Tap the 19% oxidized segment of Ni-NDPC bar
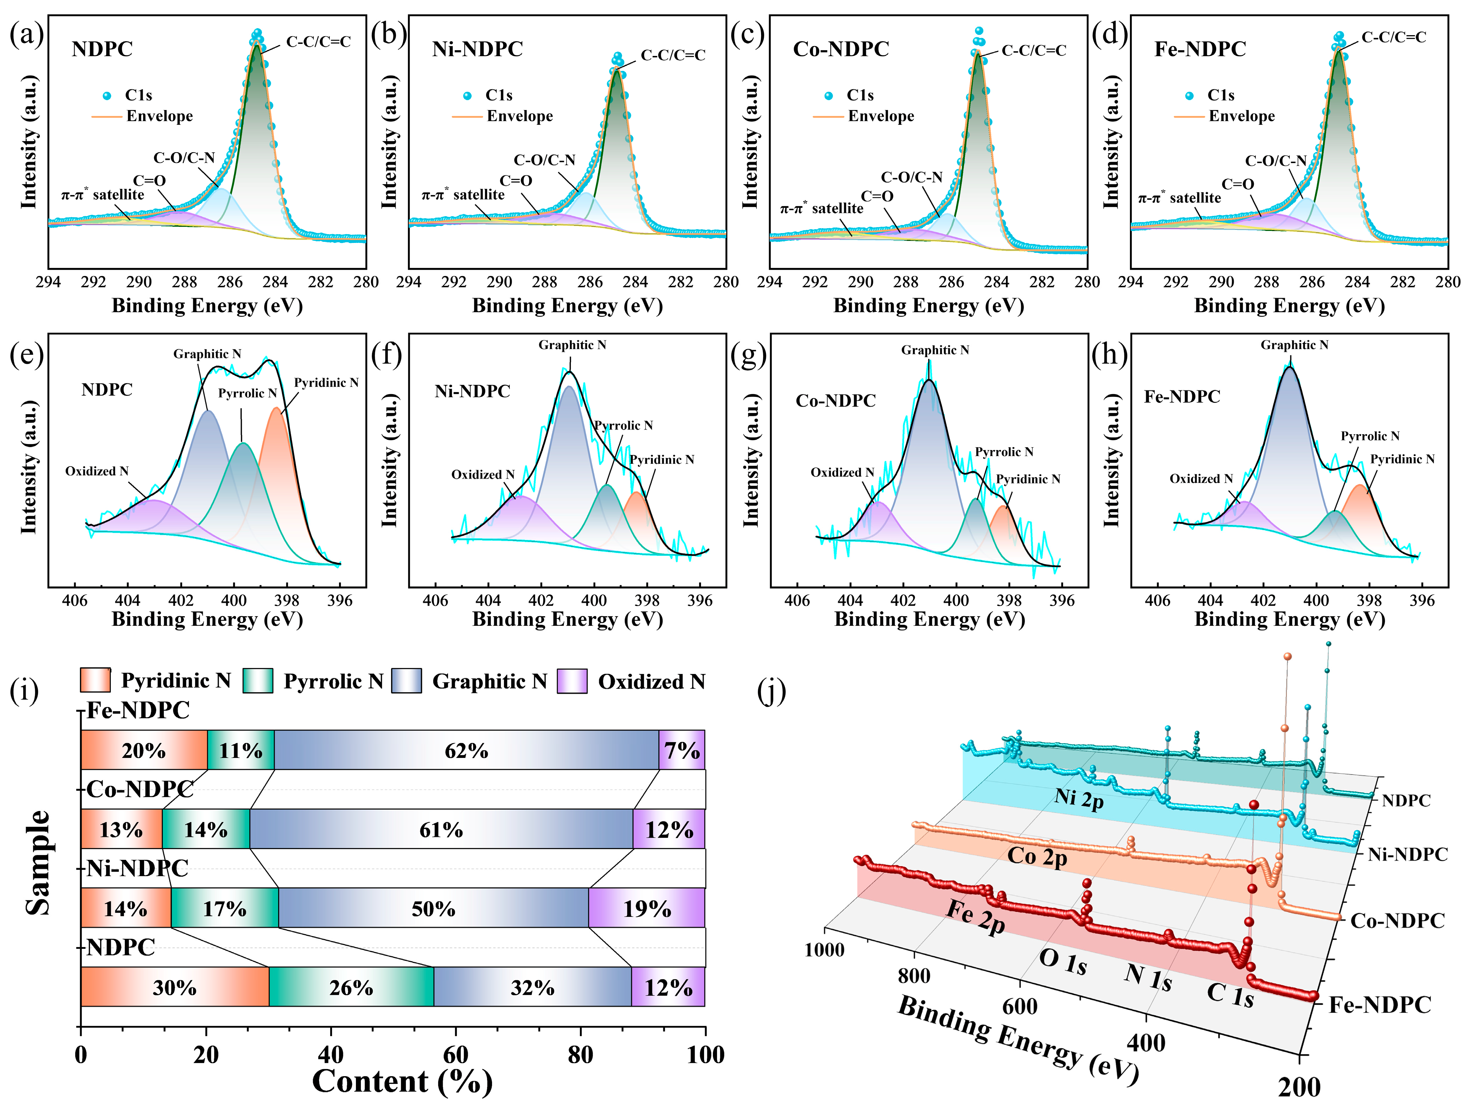(x=647, y=908)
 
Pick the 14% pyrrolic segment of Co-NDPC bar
(x=205, y=830)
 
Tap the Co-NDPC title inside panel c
(x=841, y=49)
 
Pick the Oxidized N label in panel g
(x=842, y=472)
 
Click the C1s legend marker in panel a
(x=107, y=95)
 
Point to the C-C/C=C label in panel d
(x=1393, y=37)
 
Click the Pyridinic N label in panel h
(x=1402, y=459)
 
